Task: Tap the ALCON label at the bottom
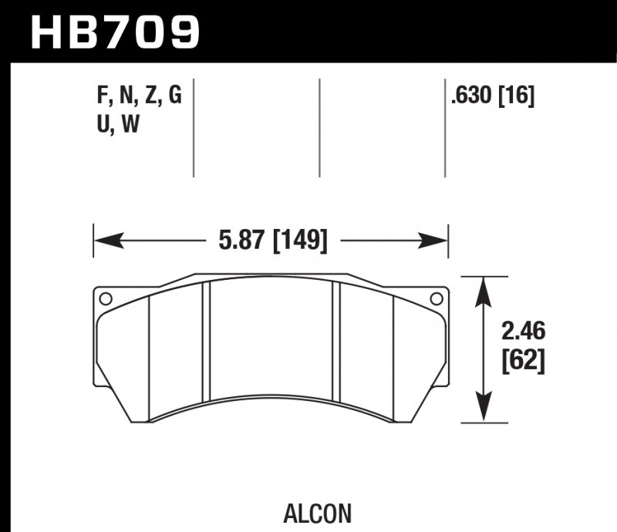tap(329, 513)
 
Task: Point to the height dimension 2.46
tap(524, 332)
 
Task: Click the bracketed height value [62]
tap(524, 361)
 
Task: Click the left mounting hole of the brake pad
tap(106, 299)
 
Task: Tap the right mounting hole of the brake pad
tap(436, 299)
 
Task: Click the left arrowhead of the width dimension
tap(105, 241)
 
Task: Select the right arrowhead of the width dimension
tap(437, 241)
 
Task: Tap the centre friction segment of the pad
tap(271, 339)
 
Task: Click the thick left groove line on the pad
tap(206, 343)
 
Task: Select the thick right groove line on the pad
tap(336, 343)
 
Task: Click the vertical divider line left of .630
tap(445, 127)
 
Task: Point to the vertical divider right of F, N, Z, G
tap(193, 127)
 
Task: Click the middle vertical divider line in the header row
tap(319, 127)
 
